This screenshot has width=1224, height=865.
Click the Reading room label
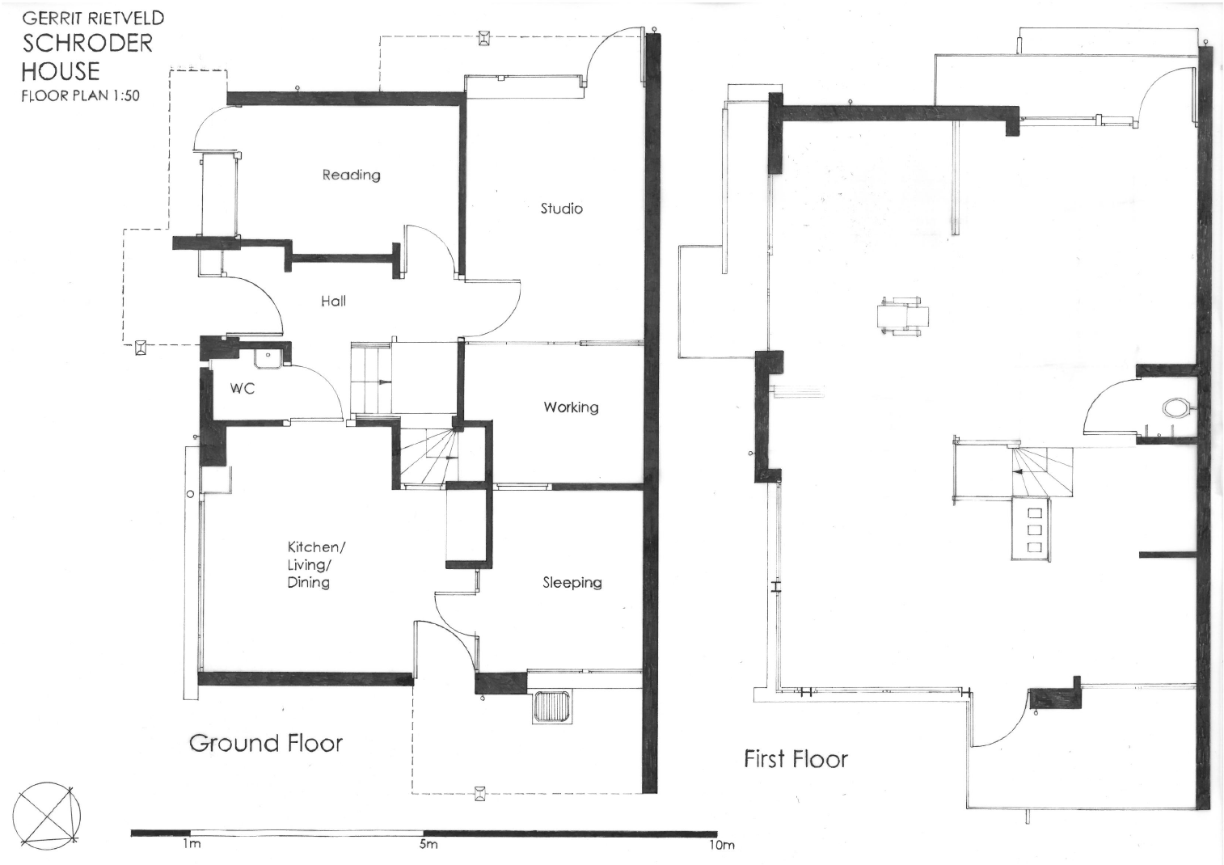351,175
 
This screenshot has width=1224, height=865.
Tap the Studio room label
561,209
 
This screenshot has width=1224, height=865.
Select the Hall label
333,301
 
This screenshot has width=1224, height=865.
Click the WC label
243,388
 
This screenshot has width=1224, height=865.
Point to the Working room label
571,407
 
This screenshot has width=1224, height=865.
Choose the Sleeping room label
572,582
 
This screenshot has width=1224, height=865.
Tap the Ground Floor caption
266,743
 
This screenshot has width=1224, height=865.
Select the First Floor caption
796,759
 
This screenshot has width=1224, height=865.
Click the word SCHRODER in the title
87,43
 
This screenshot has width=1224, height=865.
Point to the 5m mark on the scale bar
428,845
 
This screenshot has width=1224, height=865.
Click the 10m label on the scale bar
722,846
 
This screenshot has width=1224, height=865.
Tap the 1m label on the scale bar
191,845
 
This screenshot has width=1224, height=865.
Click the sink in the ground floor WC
267,356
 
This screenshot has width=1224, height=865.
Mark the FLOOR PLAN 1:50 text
80,95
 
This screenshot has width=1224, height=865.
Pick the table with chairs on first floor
902,316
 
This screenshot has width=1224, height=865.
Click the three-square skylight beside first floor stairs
1034,530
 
